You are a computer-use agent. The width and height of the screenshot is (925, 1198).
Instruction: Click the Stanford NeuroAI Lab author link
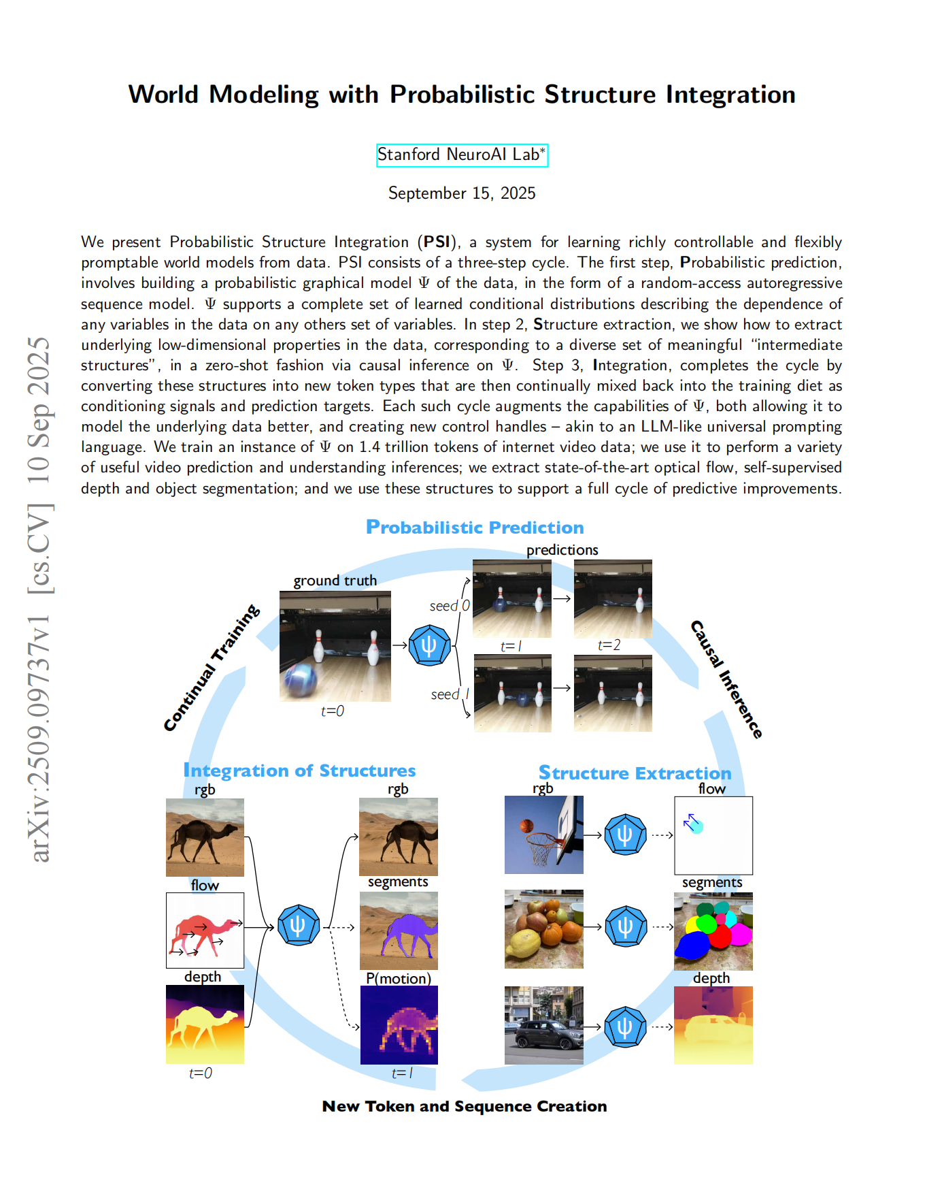(x=462, y=155)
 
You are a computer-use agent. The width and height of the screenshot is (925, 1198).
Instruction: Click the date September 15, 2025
(x=462, y=193)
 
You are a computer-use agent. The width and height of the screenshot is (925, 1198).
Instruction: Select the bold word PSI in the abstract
(x=437, y=242)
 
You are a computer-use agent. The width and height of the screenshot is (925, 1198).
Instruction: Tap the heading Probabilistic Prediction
(x=475, y=528)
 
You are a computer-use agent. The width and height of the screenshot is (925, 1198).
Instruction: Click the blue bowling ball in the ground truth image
(x=301, y=681)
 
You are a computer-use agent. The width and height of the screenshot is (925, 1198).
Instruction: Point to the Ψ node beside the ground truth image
(x=429, y=645)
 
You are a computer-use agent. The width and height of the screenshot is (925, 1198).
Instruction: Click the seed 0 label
(x=449, y=606)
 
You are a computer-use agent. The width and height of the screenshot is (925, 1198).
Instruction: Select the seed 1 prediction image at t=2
(x=613, y=693)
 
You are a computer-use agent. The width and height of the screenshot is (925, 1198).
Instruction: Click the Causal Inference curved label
(x=726, y=679)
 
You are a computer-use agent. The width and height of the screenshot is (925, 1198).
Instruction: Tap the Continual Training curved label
(x=212, y=668)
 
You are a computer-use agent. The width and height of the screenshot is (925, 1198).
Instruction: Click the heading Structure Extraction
(x=635, y=773)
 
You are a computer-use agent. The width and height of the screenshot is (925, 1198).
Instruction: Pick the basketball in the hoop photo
(x=526, y=826)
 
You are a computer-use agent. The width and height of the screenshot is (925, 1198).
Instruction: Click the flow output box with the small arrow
(x=713, y=835)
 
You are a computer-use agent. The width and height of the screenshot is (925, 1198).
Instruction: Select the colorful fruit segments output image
(x=713, y=930)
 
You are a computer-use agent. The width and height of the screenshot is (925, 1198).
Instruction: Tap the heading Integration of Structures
(x=299, y=771)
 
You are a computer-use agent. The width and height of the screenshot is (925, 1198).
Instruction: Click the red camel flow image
(x=205, y=930)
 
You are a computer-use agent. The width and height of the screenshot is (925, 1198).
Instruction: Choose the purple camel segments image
(x=399, y=930)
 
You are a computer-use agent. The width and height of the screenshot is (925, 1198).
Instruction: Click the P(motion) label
(x=399, y=978)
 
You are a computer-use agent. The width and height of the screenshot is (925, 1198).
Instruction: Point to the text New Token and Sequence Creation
(x=465, y=1107)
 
